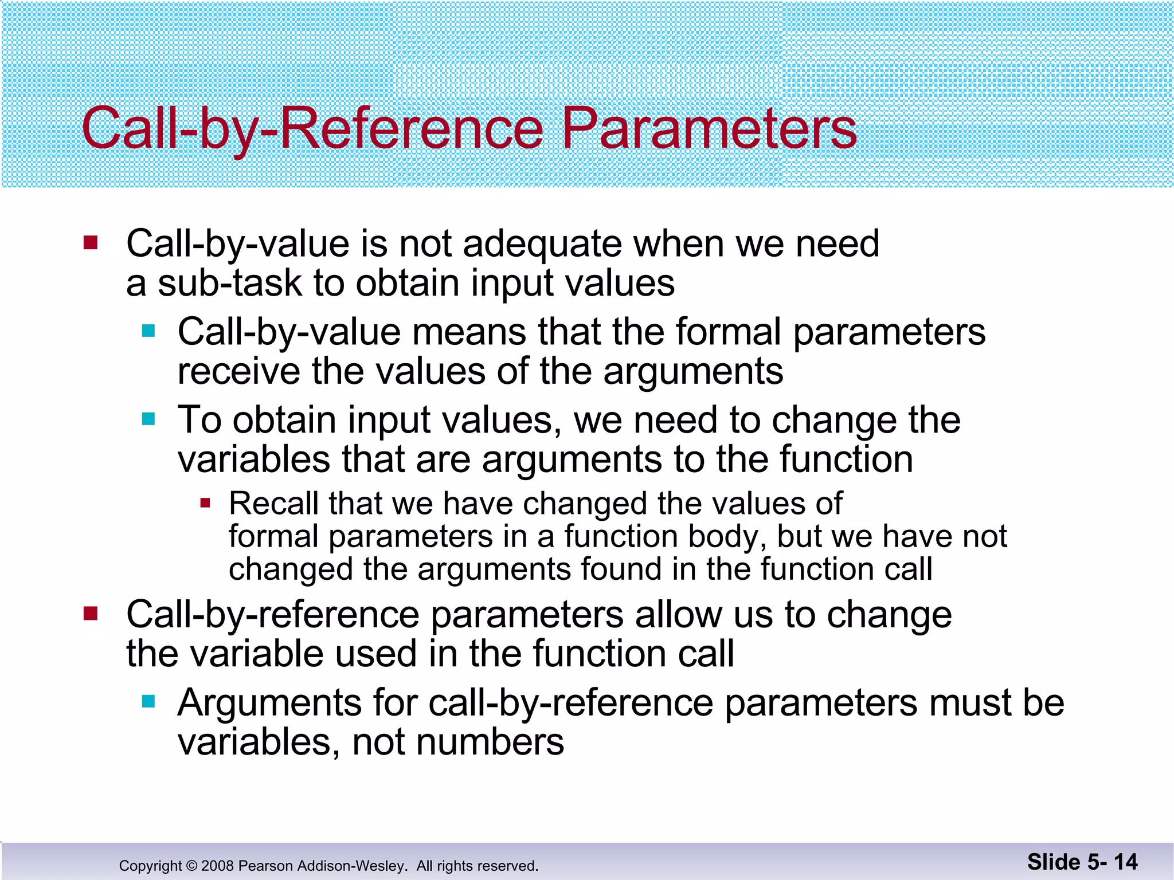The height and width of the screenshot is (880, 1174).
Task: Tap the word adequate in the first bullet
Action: pos(542,244)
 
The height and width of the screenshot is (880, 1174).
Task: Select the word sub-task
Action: pos(229,284)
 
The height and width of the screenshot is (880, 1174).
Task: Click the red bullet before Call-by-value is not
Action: pos(91,243)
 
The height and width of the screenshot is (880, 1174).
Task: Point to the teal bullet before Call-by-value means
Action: pos(149,331)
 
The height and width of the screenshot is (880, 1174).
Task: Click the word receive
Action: pos(238,372)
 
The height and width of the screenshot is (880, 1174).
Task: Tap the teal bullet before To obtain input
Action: pos(149,419)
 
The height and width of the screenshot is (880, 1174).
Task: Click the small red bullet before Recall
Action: pos(205,504)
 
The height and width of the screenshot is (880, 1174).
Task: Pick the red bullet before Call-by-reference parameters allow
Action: pos(91,614)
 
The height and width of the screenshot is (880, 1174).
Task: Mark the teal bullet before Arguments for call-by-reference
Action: pos(149,701)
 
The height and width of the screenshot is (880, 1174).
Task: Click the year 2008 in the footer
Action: pos(217,866)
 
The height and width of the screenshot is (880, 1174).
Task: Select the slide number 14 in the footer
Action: pos(1125,862)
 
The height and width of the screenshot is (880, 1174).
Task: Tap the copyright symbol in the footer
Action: pos(190,866)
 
